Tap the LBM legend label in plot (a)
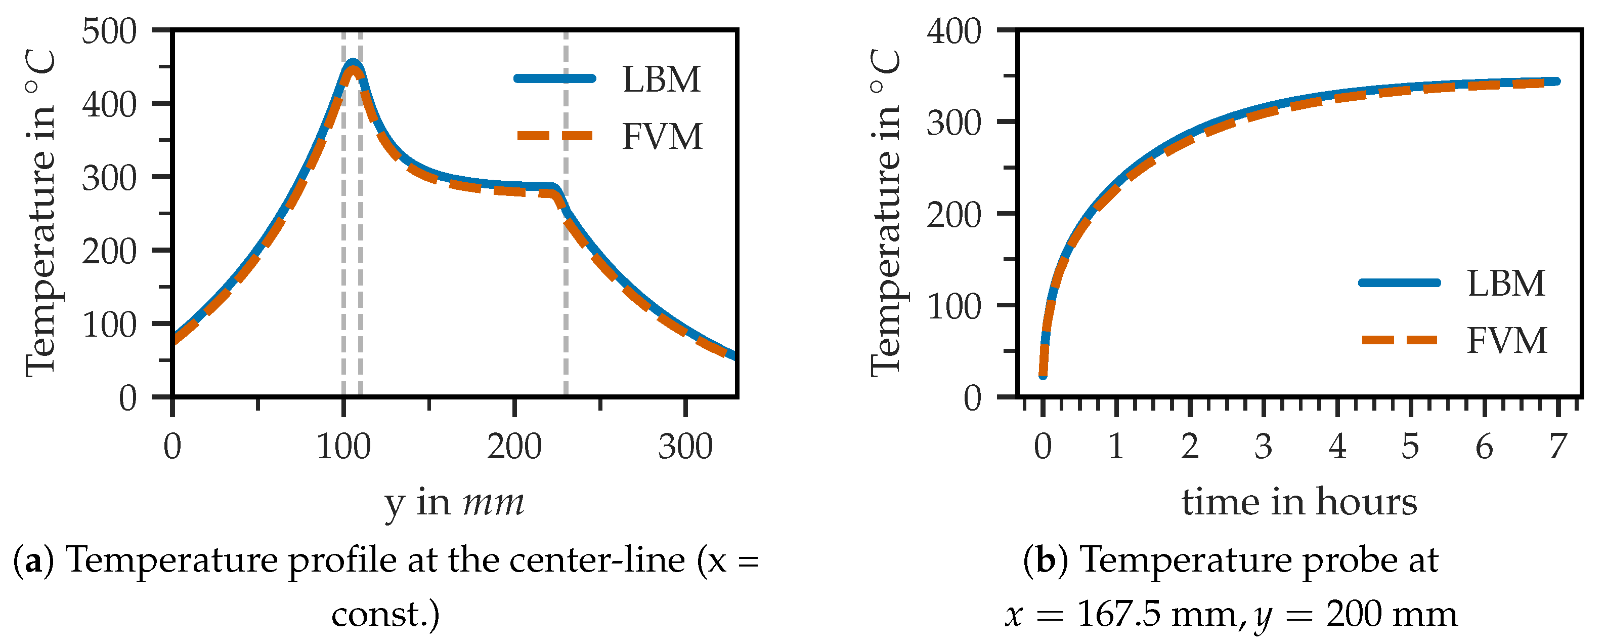661,80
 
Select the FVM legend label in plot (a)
662,137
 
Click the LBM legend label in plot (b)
1506,284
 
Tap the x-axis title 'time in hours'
1299,502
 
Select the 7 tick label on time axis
1557,447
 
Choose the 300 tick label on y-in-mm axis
685,447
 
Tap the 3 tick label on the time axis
1263,447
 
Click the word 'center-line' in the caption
597,560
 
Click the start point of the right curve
1043,375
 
